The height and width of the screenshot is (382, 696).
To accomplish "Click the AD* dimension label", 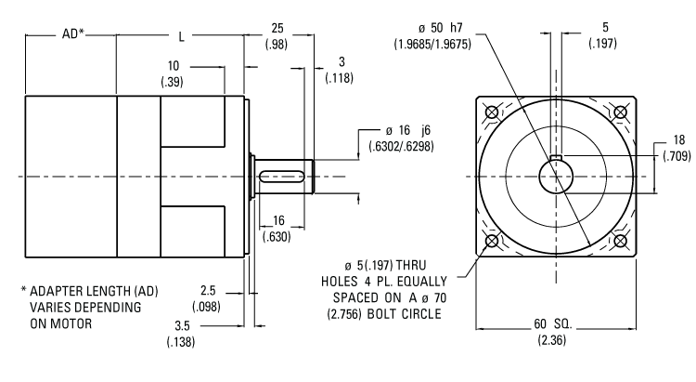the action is [72, 33].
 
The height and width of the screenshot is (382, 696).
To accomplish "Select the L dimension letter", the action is [181, 36].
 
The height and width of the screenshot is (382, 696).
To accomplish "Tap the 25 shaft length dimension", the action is [277, 29].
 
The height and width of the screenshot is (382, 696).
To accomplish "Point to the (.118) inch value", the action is [340, 78].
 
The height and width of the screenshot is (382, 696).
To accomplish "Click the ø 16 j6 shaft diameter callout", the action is [408, 130].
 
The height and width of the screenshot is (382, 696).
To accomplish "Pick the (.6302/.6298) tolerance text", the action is [401, 146].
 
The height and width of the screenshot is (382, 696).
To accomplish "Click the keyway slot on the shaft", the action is [282, 177].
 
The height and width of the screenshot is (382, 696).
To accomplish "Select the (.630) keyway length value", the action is [277, 237].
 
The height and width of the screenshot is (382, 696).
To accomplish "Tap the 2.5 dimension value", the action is [208, 290].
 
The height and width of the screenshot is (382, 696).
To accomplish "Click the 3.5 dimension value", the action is [182, 326].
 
